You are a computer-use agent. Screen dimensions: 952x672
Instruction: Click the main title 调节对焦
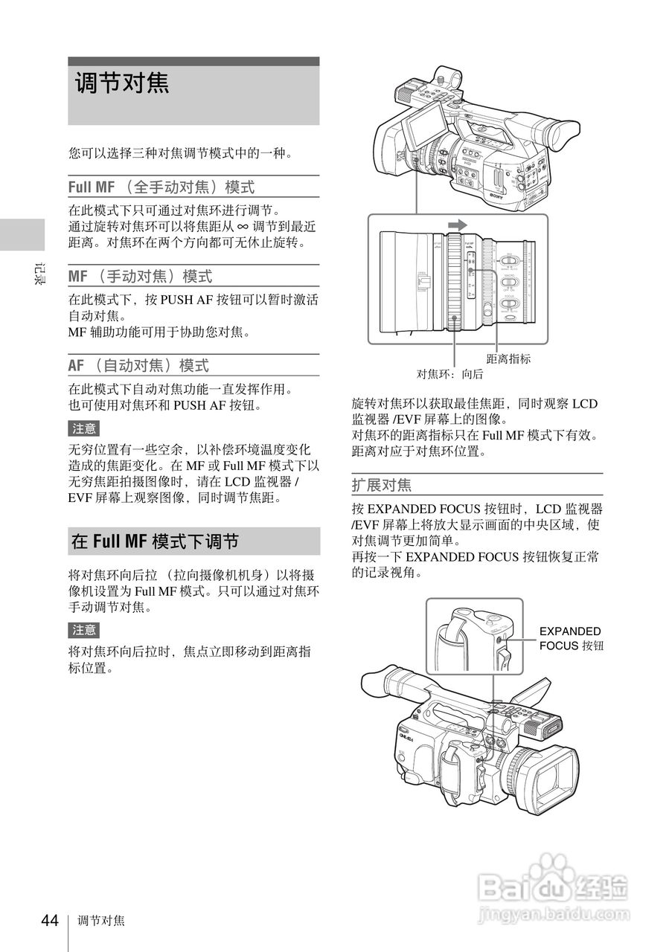(122, 83)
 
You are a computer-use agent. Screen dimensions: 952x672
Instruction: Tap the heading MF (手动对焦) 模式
(140, 277)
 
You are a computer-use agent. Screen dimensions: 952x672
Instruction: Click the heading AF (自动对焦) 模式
(138, 365)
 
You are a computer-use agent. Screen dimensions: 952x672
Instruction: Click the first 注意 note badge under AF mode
(83, 428)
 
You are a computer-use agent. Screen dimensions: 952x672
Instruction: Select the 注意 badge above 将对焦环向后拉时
(83, 630)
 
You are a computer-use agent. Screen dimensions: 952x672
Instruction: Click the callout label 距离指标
(508, 358)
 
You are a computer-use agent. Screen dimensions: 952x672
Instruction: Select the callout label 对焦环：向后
(449, 374)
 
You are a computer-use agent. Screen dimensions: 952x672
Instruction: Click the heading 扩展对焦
(381, 486)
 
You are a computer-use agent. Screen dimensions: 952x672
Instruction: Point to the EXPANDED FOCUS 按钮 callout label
(571, 638)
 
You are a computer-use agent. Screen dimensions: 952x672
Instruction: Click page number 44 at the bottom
(49, 921)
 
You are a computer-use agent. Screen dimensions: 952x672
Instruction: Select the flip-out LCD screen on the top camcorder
(424, 119)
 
